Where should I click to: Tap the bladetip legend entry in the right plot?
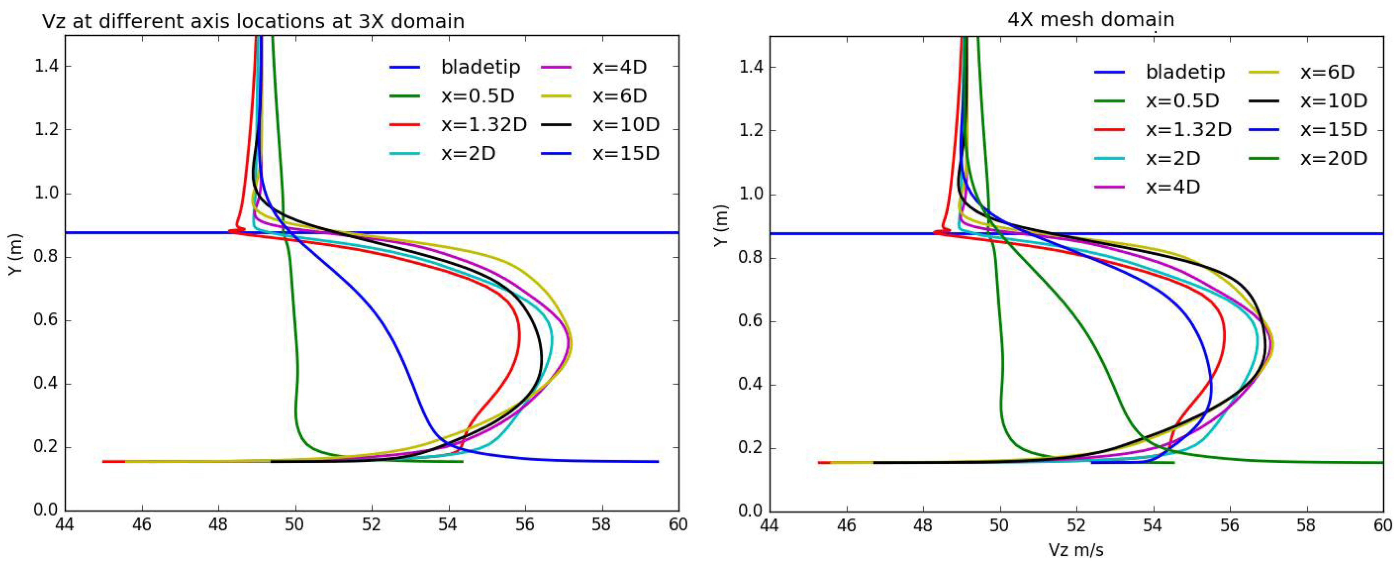click(x=1185, y=72)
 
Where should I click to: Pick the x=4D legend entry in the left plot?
click(x=619, y=67)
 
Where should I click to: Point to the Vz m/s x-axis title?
click(x=1076, y=550)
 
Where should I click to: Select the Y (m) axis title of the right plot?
click(x=720, y=225)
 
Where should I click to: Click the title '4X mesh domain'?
click(x=1091, y=20)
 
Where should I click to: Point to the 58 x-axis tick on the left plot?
click(x=601, y=525)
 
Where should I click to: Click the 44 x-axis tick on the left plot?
click(x=65, y=525)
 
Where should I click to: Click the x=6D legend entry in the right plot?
click(x=1327, y=72)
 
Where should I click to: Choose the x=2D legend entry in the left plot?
click(x=468, y=154)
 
